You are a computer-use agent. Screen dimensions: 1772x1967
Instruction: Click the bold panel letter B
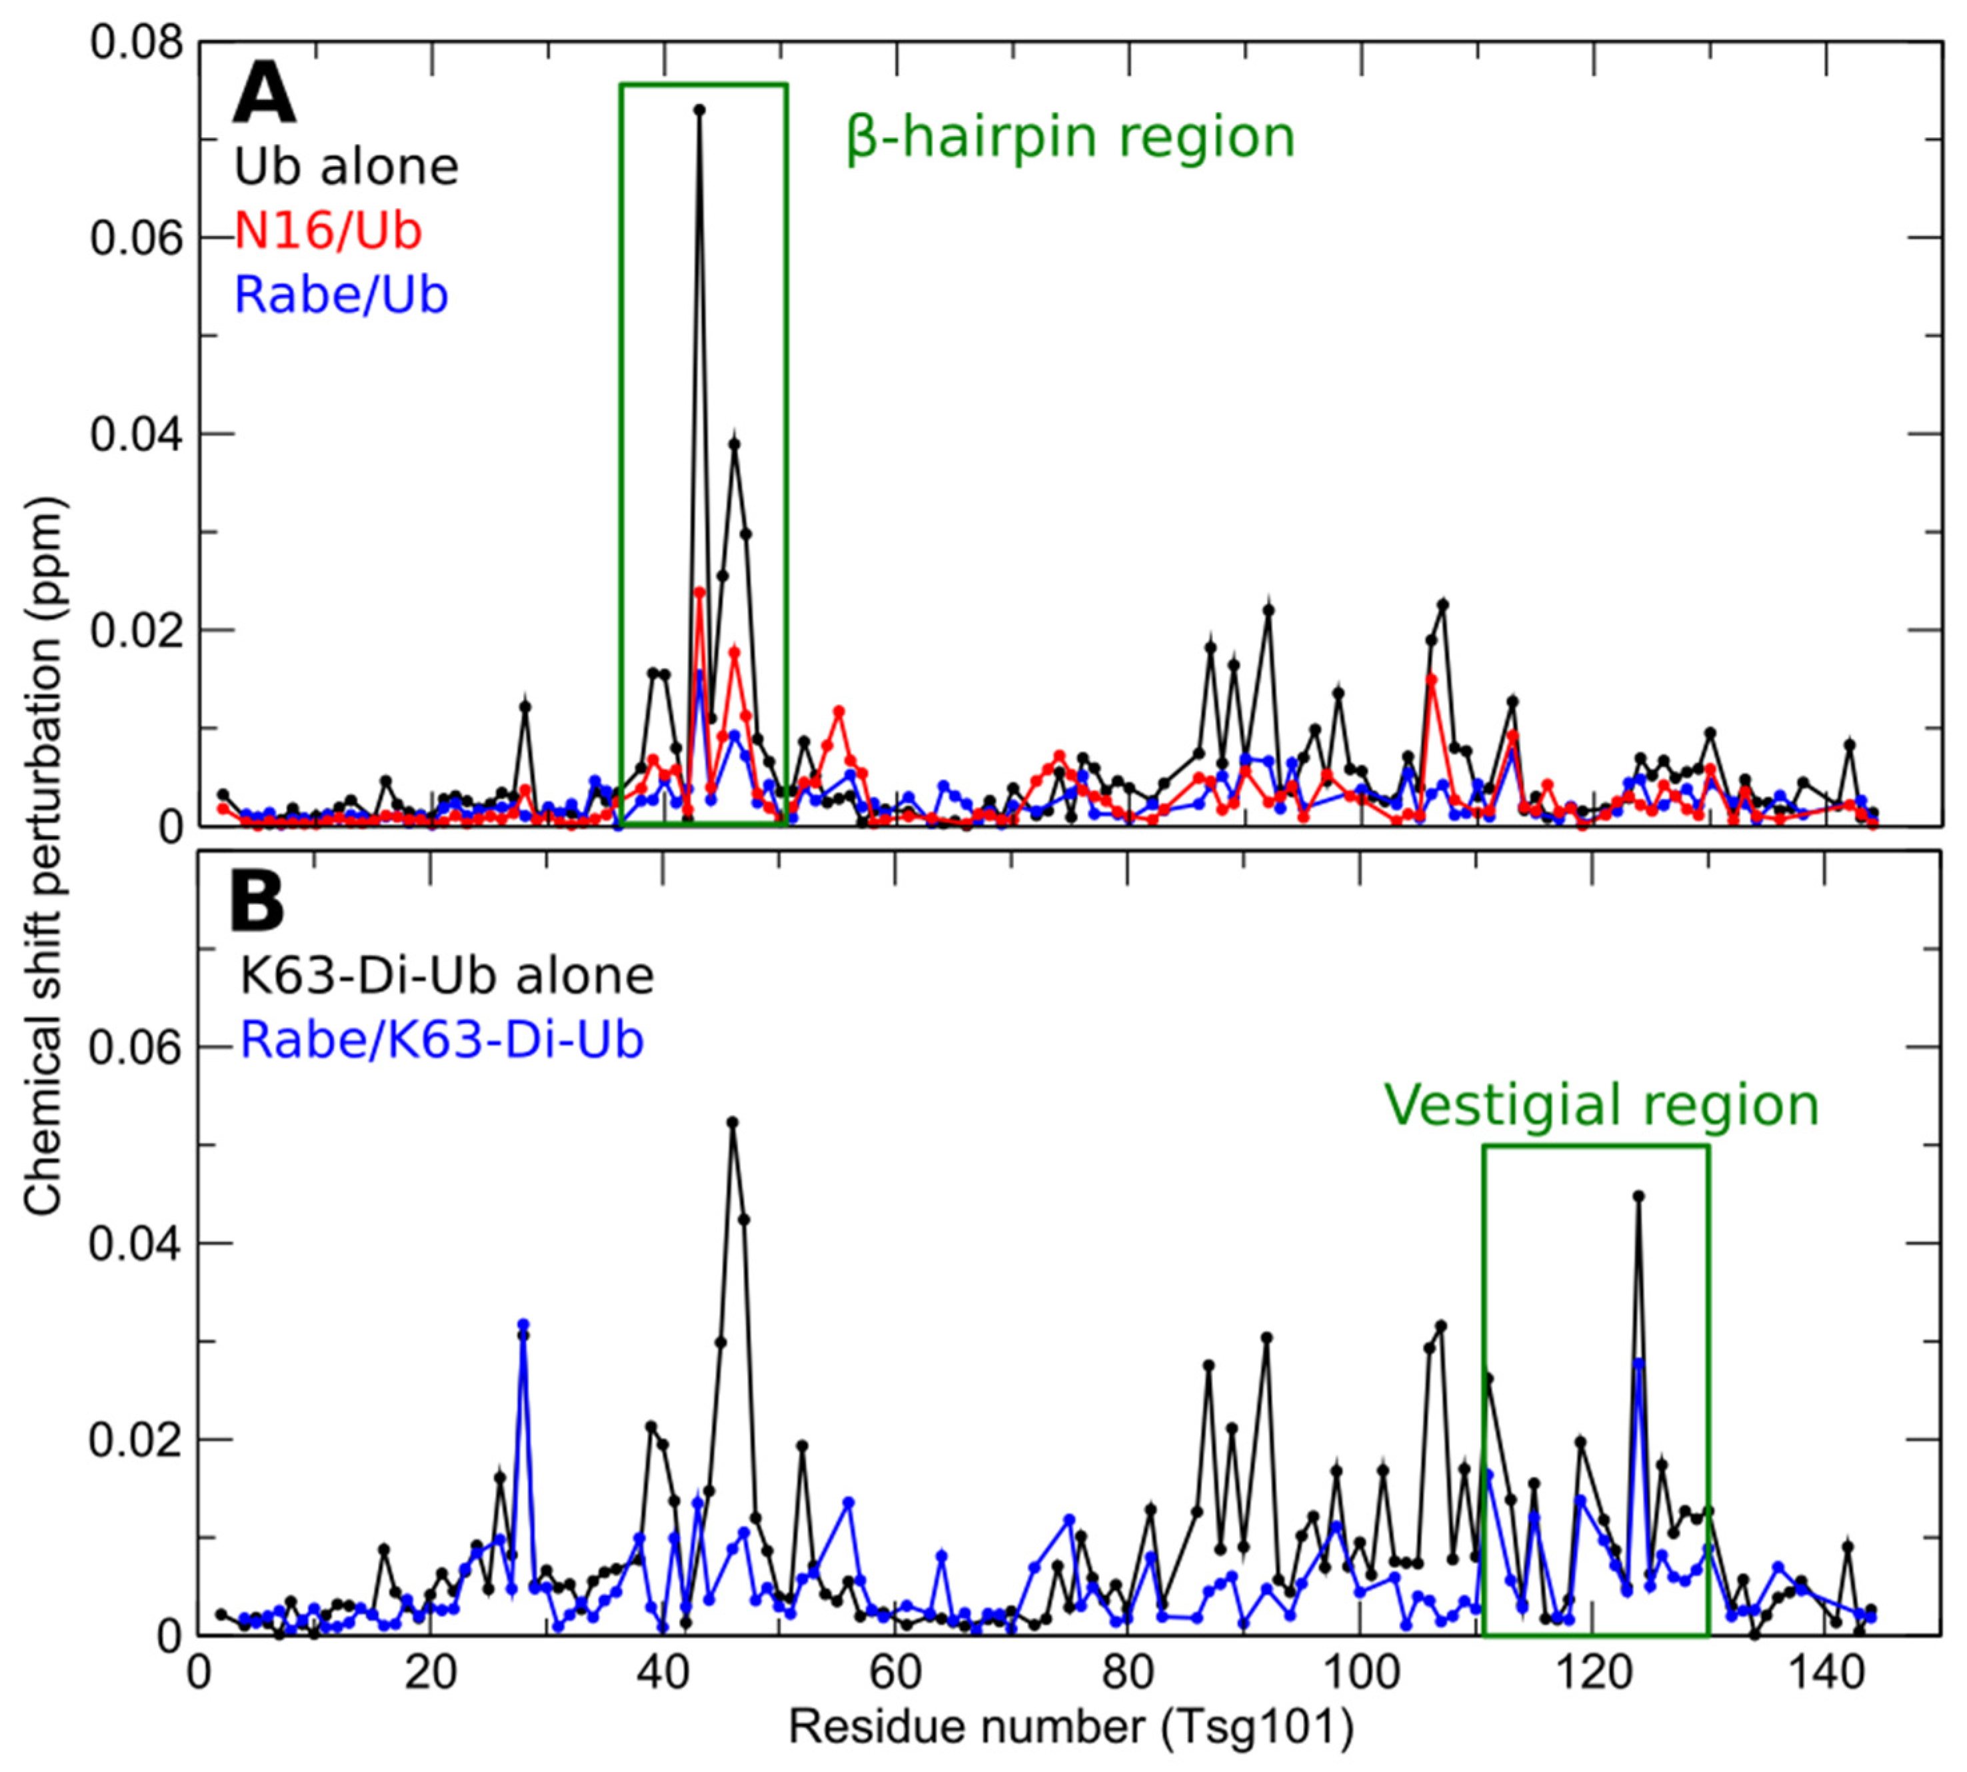pyautogui.click(x=257, y=902)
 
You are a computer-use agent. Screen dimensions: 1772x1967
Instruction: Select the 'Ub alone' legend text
pyautogui.click(x=345, y=167)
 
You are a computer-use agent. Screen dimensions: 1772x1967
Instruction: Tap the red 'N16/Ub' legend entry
pyautogui.click(x=328, y=231)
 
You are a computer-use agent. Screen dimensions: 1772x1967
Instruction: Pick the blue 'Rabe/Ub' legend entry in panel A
pyautogui.click(x=341, y=294)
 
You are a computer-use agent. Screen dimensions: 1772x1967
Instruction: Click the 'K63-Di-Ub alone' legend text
pyautogui.click(x=447, y=976)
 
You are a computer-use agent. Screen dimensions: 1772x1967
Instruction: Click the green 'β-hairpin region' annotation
pyautogui.click(x=1070, y=137)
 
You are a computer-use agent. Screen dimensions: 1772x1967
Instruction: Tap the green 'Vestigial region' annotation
pyautogui.click(x=1601, y=1105)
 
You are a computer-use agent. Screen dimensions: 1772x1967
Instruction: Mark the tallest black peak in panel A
pyautogui.click(x=699, y=110)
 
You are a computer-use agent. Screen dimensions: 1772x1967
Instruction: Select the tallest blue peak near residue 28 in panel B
pyautogui.click(x=524, y=1324)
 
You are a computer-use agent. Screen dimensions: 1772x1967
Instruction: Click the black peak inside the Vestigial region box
pyautogui.click(x=1638, y=1196)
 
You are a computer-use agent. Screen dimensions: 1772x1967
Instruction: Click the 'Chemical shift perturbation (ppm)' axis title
pyautogui.click(x=44, y=857)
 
